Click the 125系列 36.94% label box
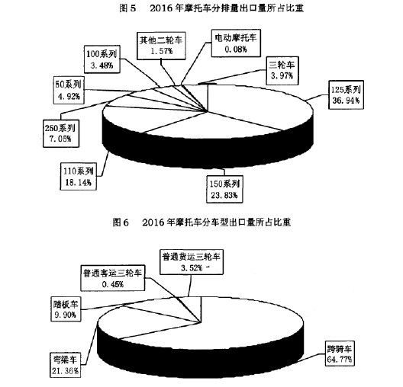(346, 94)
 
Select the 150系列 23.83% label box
(224, 189)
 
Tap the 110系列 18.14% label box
(79, 177)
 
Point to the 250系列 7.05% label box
(61, 133)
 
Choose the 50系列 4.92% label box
(69, 90)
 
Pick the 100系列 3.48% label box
(102, 59)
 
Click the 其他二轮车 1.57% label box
(161, 46)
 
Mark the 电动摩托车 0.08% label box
(236, 43)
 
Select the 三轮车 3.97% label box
(282, 71)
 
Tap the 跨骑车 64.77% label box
(340, 353)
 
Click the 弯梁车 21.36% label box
(66, 365)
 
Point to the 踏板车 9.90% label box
(66, 309)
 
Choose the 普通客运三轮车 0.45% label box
(112, 278)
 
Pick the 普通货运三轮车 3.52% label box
(192, 262)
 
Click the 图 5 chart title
(211, 8)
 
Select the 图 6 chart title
(201, 222)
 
